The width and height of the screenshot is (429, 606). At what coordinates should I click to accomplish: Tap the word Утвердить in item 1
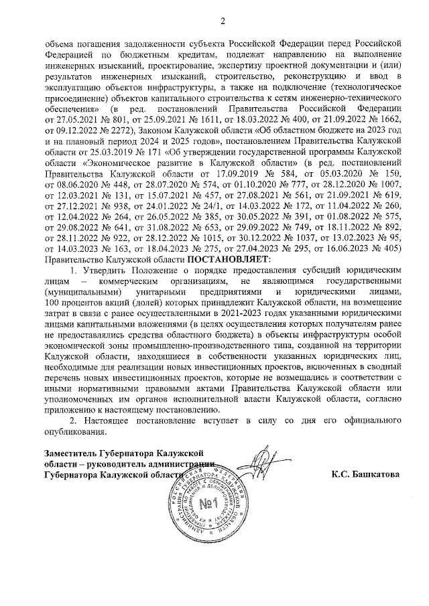104,269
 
